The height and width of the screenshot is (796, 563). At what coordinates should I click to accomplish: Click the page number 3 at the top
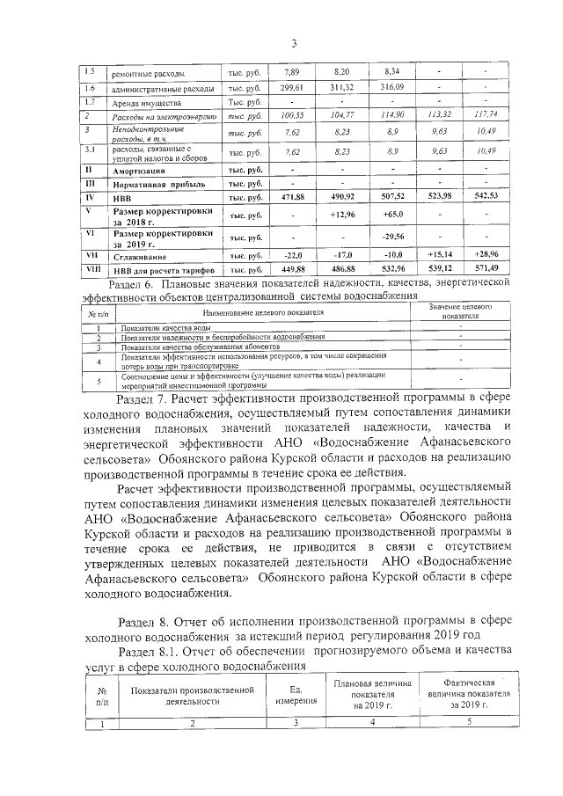pos(294,44)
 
